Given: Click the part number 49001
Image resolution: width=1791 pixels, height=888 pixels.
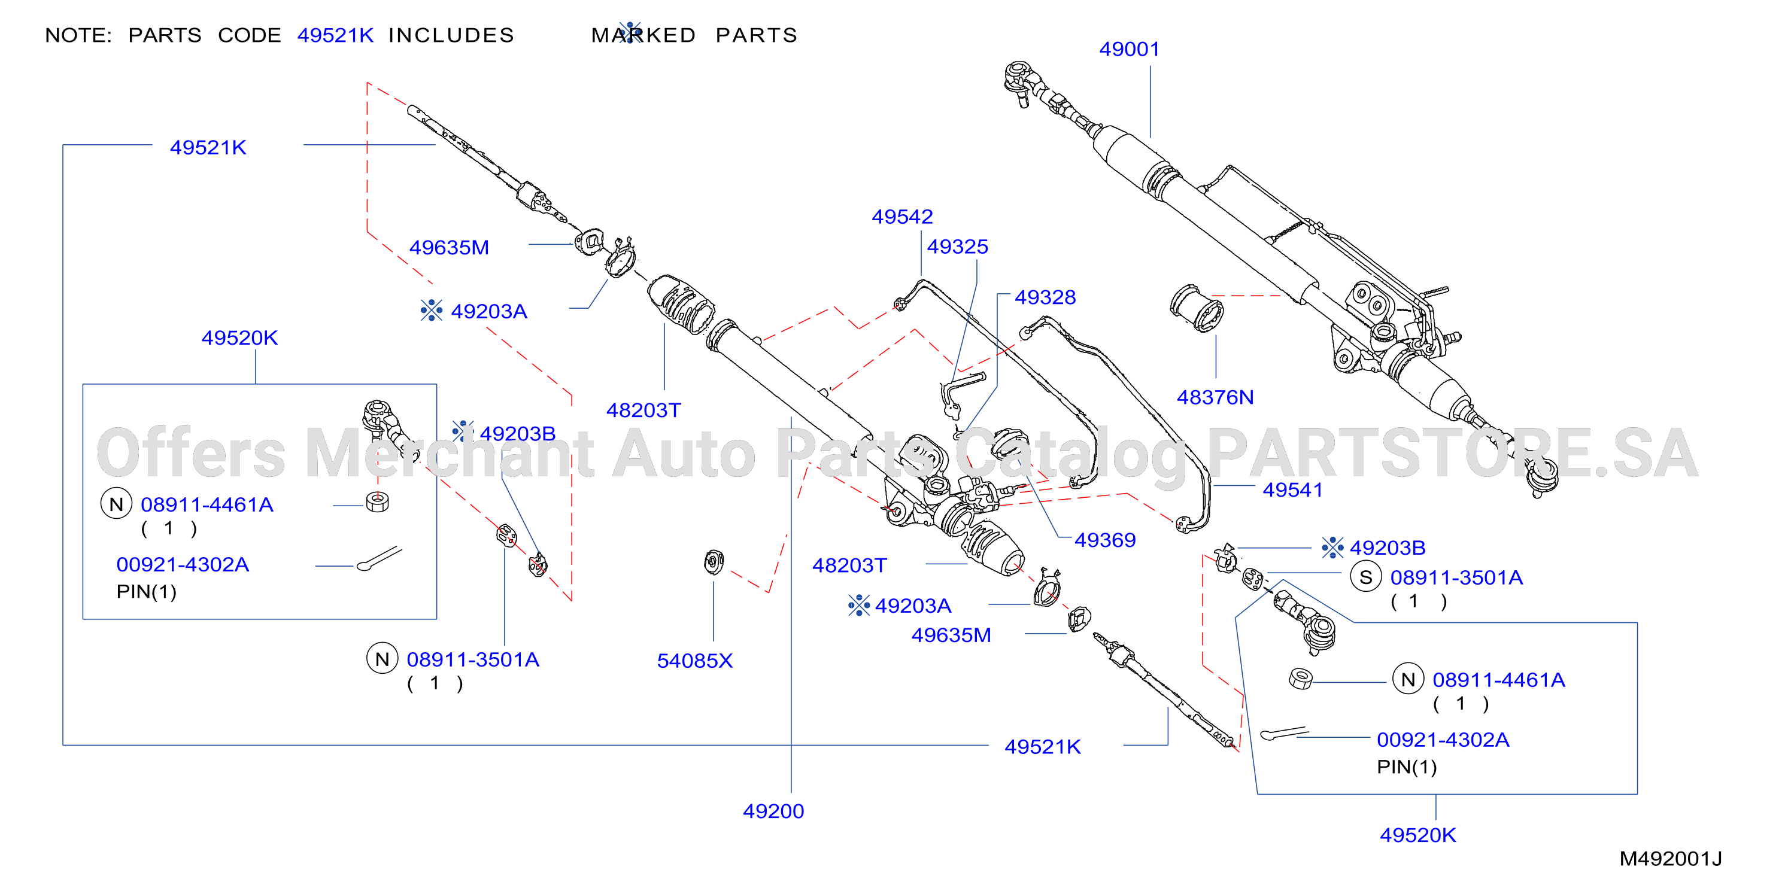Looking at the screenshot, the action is click(1129, 49).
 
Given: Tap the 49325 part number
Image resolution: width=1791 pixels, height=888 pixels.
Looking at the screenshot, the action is click(957, 247).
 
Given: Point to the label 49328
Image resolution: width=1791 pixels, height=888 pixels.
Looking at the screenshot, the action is click(1045, 297).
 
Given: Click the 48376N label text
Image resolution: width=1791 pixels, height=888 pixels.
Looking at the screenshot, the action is click(1215, 397).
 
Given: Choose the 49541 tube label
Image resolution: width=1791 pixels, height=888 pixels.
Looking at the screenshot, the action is click(1292, 490).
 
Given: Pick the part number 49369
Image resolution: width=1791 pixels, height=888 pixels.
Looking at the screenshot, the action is click(1105, 540).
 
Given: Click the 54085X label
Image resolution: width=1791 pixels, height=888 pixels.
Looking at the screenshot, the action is click(694, 661).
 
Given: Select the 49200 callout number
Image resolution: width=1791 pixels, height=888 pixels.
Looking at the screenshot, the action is click(773, 811).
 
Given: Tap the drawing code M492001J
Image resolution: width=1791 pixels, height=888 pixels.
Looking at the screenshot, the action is click(1670, 859).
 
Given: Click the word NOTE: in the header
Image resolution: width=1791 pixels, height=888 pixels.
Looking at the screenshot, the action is click(78, 35).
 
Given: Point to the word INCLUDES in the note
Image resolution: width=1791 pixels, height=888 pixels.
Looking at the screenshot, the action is click(451, 35).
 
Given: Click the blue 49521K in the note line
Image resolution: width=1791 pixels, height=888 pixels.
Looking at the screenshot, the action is click(335, 35).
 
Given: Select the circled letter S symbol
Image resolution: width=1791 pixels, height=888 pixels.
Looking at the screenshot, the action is click(1365, 577).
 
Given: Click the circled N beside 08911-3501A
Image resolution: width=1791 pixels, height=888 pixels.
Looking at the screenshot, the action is click(383, 659).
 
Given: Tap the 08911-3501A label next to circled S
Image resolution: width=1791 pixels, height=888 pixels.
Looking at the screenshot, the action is click(1456, 577).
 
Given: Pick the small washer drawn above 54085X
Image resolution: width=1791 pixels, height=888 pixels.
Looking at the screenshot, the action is click(714, 562).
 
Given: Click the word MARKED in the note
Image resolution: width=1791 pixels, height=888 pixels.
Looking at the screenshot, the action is click(643, 35).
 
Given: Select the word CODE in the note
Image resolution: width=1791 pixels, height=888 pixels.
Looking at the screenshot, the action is click(250, 35).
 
